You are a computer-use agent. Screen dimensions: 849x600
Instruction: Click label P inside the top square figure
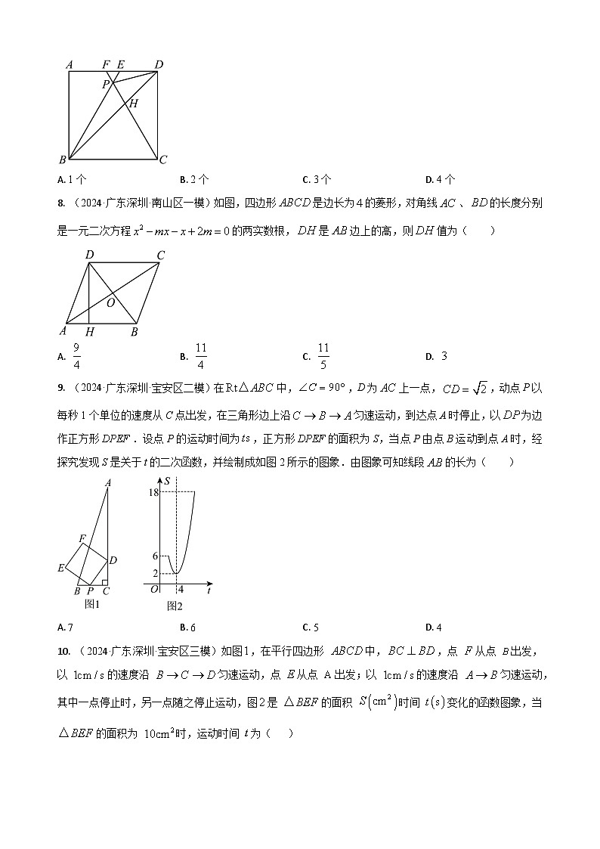click(107, 84)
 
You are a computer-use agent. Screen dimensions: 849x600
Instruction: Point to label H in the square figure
click(133, 104)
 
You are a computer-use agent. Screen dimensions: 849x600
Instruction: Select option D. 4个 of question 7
click(440, 179)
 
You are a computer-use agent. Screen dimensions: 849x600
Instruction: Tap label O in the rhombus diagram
click(110, 302)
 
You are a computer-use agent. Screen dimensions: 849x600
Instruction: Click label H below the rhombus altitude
click(90, 332)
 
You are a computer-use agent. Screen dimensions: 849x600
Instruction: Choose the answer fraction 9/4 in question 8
click(76, 355)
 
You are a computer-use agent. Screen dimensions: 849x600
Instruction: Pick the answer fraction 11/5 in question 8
click(323, 355)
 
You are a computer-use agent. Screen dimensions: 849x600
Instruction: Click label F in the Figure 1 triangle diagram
click(83, 538)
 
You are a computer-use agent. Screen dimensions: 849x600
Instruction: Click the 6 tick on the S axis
click(155, 556)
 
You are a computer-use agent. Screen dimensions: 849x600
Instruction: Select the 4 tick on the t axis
click(181, 590)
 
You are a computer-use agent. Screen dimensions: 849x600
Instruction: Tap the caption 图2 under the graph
click(175, 606)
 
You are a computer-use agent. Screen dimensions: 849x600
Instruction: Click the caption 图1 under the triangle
click(92, 603)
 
